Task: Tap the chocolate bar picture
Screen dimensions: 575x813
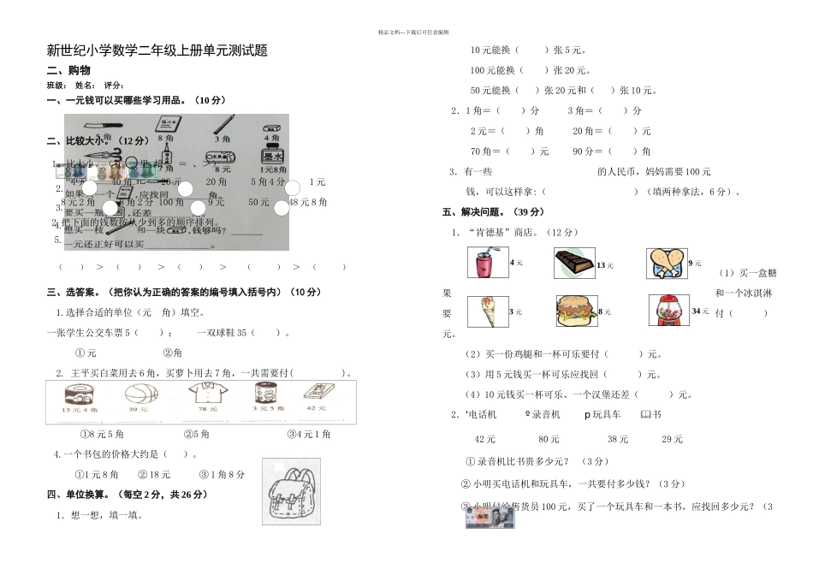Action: pos(573,264)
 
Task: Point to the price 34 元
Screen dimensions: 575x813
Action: pos(700,311)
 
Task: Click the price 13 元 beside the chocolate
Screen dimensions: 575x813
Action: pos(605,265)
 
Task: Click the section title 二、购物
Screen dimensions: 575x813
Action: pos(68,70)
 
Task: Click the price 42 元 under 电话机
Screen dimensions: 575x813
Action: pos(485,439)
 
